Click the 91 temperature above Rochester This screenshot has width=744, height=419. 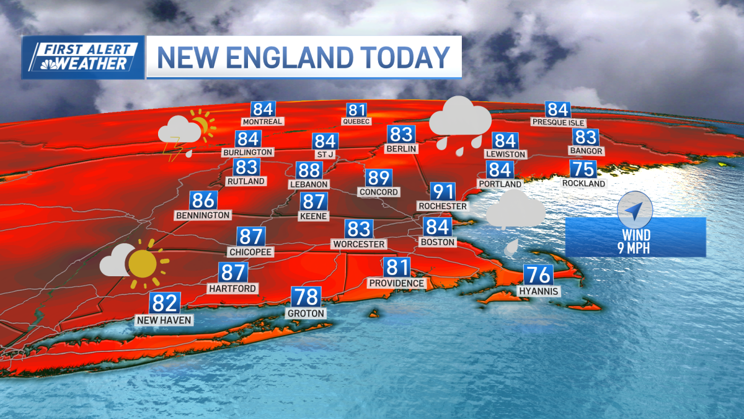[443, 192]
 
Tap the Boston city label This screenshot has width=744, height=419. [438, 241]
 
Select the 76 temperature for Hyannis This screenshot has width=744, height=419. [538, 274]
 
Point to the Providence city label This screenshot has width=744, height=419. [397, 283]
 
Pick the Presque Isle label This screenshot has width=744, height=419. [558, 122]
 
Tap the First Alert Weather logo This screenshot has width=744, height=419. [83, 58]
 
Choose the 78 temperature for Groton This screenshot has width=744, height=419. [306, 297]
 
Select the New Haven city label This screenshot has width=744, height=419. [165, 320]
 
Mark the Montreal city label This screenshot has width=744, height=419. [262, 122]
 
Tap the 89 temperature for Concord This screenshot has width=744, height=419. [378, 178]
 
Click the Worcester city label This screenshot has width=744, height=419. [359, 245]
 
